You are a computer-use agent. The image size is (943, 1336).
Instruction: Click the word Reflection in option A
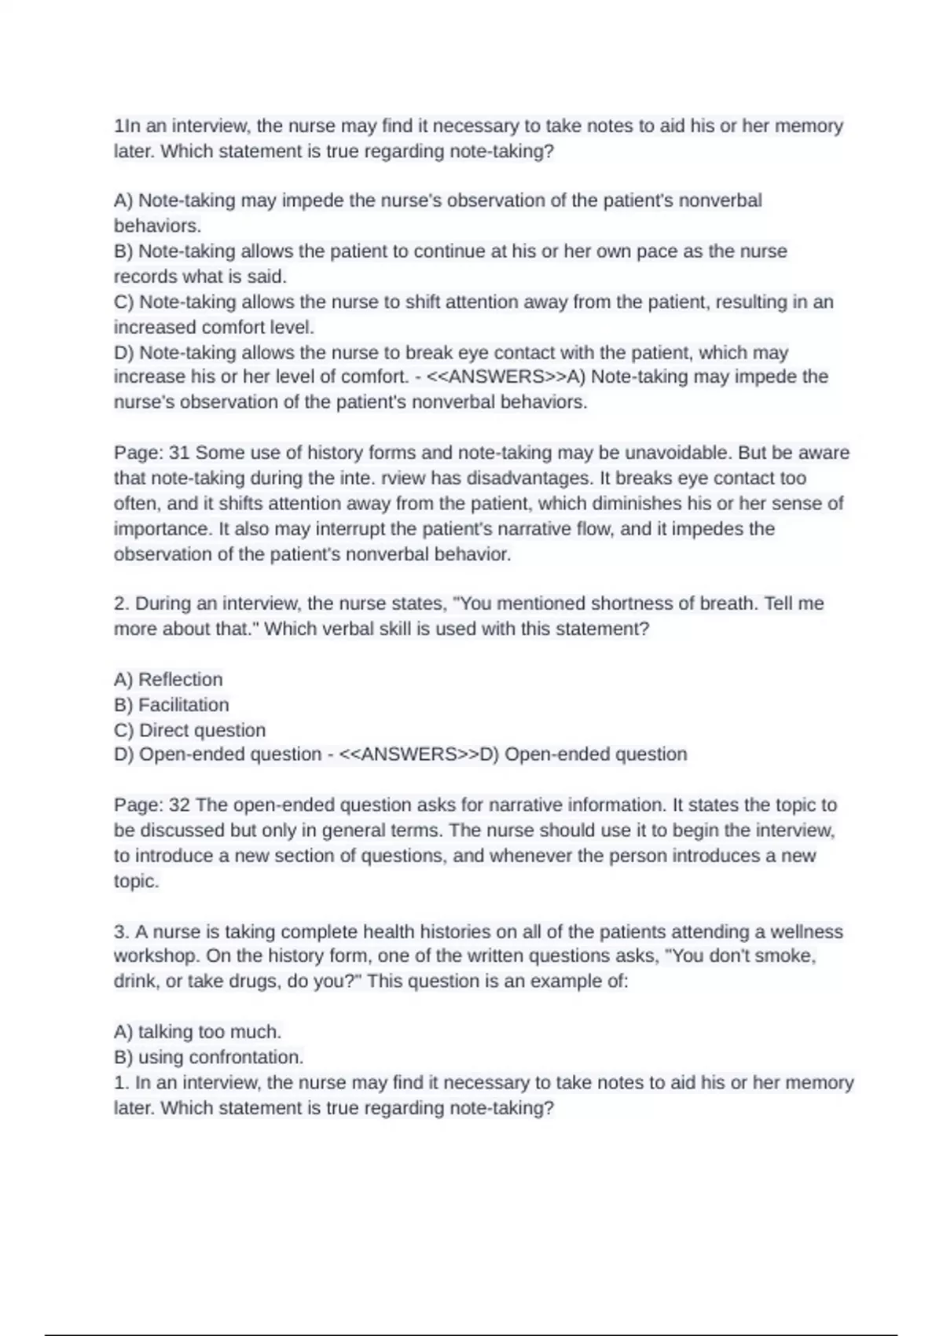[x=180, y=679]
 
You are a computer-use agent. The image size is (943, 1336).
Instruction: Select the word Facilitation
[x=183, y=704]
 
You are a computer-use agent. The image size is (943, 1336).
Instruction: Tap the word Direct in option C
[x=165, y=730]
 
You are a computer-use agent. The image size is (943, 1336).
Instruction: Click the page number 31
[x=179, y=453]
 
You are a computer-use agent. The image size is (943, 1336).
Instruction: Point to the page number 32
[x=179, y=805]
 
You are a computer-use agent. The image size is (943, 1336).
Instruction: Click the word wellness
[x=805, y=931]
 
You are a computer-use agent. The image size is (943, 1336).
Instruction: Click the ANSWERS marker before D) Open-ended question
[x=408, y=754]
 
